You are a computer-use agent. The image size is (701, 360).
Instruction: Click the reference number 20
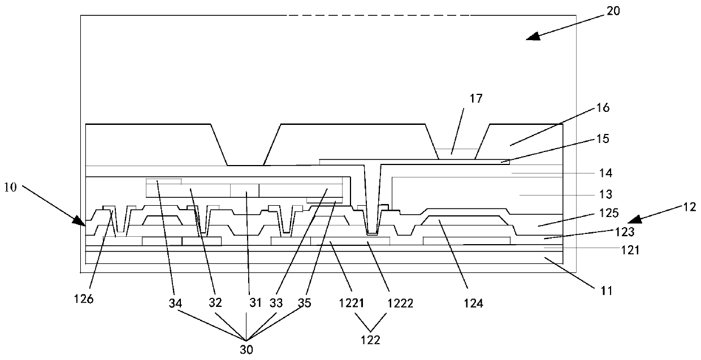pos(613,11)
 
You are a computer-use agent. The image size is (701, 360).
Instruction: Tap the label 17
pos(475,99)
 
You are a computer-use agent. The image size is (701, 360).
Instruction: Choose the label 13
pos(605,194)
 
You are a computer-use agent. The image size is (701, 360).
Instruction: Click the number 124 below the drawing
pos(473,303)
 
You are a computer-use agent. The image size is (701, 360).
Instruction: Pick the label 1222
pos(401,303)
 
